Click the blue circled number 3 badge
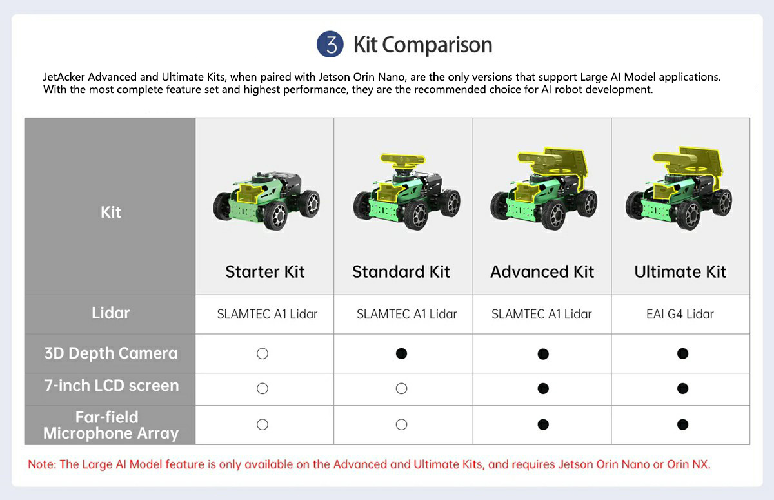[x=330, y=45]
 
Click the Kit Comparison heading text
[x=423, y=45]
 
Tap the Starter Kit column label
[x=265, y=271]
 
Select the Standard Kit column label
[x=401, y=271]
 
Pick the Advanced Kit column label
[x=542, y=271]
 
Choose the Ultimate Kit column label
[x=680, y=271]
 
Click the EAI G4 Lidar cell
[x=680, y=314]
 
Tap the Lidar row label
[x=110, y=313]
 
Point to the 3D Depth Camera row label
[x=111, y=353]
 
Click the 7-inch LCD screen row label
[x=112, y=386]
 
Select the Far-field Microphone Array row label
[x=110, y=425]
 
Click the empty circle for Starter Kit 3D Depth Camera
[x=263, y=353]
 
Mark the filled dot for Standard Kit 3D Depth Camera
[x=401, y=353]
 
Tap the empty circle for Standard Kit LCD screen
[x=401, y=389]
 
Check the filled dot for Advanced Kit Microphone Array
[x=543, y=424]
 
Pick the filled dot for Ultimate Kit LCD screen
[x=683, y=389]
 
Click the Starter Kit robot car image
[x=266, y=201]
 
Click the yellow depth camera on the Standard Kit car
[x=403, y=160]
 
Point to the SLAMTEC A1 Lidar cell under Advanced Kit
[x=541, y=314]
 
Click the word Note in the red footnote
[x=41, y=464]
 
